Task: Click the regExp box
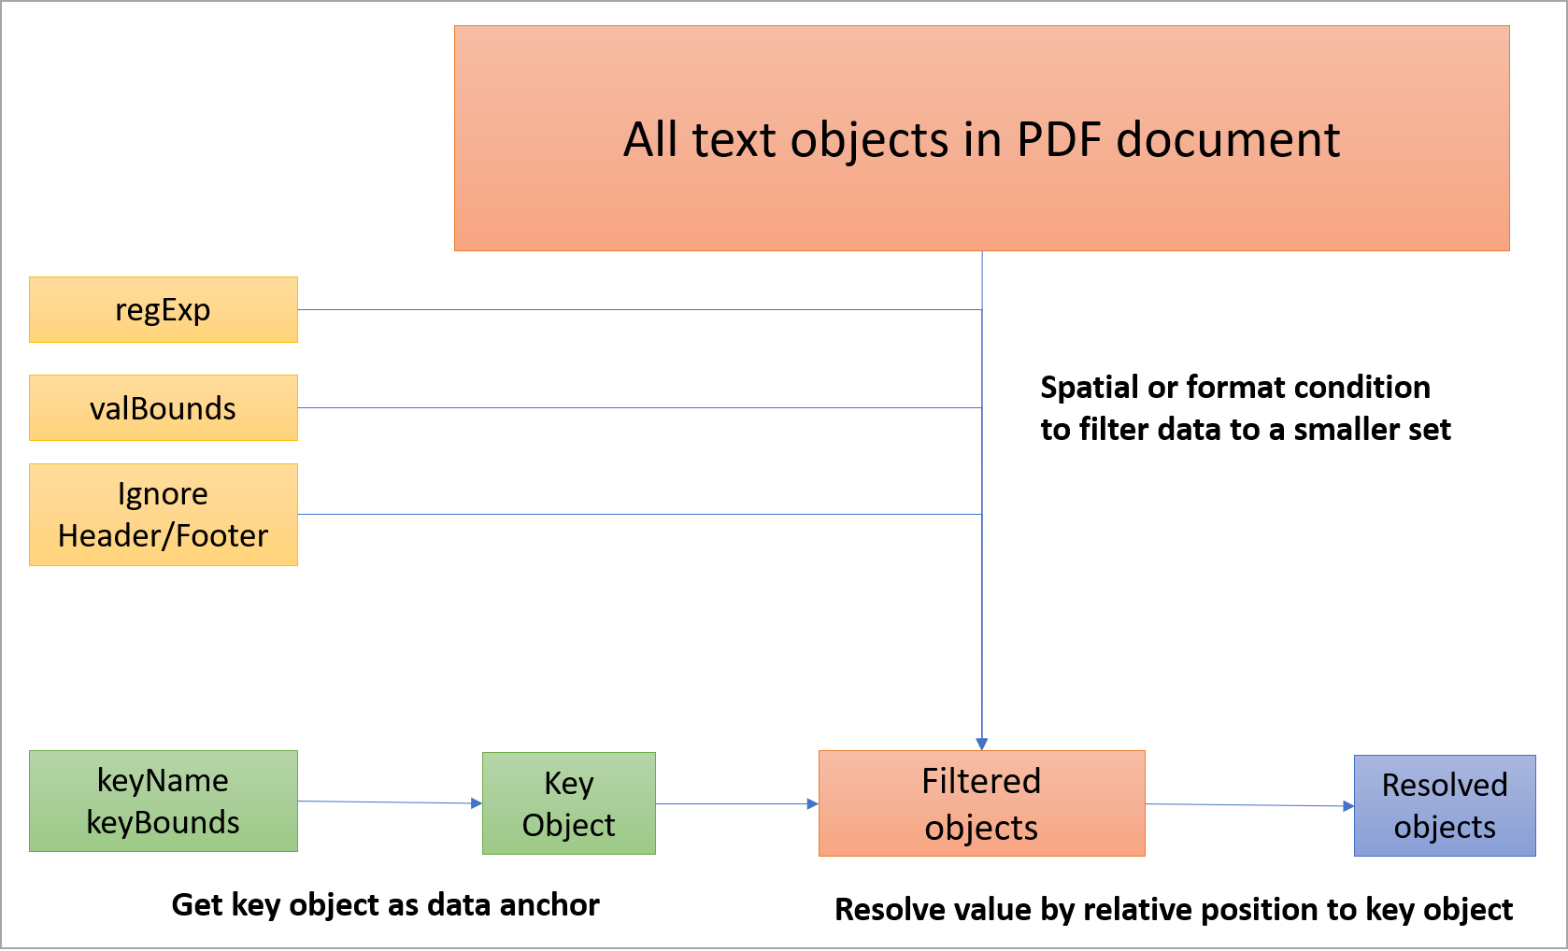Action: click(x=164, y=309)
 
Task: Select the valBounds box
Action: click(x=164, y=408)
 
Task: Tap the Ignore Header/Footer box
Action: click(x=164, y=515)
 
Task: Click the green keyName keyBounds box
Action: click(x=164, y=802)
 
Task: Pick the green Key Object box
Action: click(x=568, y=803)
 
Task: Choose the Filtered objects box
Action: click(x=981, y=803)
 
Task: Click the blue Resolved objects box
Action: click(x=1445, y=805)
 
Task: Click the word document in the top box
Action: click(x=1228, y=140)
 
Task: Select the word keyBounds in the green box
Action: click(x=164, y=823)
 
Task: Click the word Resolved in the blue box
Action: click(x=1445, y=785)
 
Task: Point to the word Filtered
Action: click(x=981, y=781)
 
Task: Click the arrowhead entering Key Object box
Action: click(x=477, y=803)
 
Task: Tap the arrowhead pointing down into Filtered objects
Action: click(x=981, y=744)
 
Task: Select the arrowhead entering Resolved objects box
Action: click(x=1348, y=805)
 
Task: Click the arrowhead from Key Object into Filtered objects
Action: click(x=812, y=803)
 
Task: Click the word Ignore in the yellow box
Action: click(x=163, y=494)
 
